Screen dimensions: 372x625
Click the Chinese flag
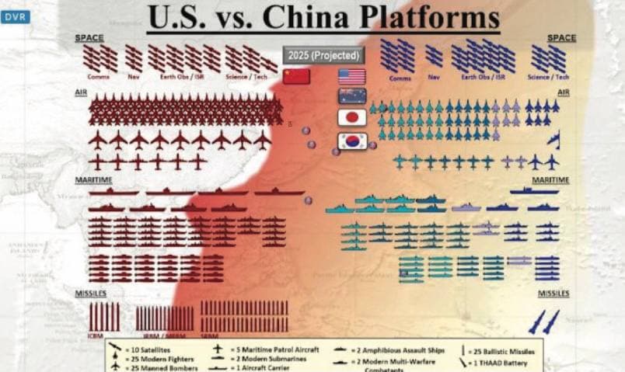click(x=296, y=76)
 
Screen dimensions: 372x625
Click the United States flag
click(x=351, y=76)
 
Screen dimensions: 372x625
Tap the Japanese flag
click(x=351, y=117)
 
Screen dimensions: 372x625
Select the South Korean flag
click(x=351, y=141)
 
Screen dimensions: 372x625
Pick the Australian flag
click(x=351, y=96)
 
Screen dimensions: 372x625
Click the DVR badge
click(x=16, y=16)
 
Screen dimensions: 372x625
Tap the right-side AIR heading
click(x=564, y=92)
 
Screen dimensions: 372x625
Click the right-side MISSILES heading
click(x=553, y=294)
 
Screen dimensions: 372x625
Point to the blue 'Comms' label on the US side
click(x=400, y=78)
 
